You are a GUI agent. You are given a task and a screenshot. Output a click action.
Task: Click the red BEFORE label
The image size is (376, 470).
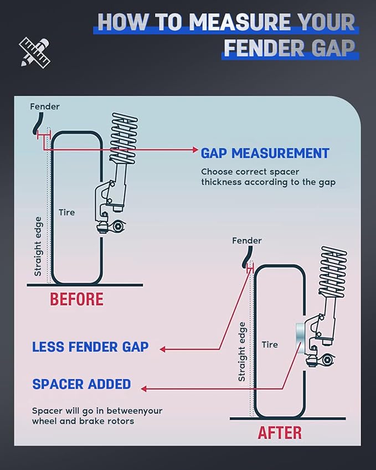[x=76, y=299]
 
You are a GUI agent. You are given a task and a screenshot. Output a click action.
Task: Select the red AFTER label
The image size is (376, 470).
[x=280, y=432]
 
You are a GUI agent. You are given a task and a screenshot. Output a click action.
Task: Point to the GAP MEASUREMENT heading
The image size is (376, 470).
[x=265, y=153]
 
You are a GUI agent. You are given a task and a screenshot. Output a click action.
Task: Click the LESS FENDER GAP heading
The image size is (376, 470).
[x=90, y=347]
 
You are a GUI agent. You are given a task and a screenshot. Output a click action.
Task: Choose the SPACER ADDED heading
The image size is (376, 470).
[x=81, y=384]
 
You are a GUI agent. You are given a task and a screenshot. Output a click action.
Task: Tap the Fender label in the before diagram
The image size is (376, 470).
[x=44, y=106]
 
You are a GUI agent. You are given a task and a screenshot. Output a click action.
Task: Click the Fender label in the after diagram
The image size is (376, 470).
[x=246, y=241]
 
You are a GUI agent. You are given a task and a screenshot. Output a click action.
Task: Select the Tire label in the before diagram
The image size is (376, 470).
[x=66, y=212]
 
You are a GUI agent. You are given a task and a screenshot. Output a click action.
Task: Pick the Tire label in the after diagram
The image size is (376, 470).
[x=270, y=344]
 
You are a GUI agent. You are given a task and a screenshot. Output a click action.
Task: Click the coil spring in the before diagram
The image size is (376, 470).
[x=123, y=136]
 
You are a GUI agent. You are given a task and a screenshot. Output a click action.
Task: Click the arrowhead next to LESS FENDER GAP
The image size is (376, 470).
[x=163, y=349]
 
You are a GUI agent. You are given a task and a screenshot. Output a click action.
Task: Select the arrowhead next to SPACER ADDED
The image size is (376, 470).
[x=143, y=389]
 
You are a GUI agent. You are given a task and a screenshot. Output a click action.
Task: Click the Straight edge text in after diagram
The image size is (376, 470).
[x=241, y=352]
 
